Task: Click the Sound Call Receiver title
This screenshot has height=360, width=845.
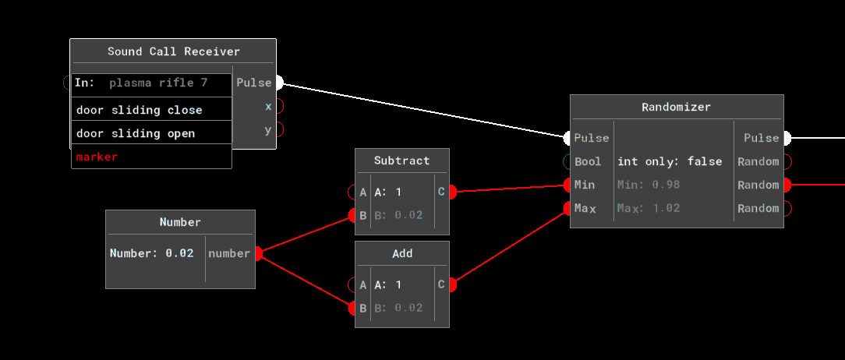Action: coord(173,51)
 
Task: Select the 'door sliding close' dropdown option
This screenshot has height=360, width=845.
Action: coord(140,110)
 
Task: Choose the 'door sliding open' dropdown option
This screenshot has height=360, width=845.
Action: coord(136,133)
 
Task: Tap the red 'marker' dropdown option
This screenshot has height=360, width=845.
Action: coord(97,157)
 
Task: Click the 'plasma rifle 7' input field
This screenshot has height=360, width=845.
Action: coord(158,83)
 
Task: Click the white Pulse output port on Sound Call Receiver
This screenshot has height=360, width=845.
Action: coord(278,83)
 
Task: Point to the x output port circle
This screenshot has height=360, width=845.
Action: coord(278,106)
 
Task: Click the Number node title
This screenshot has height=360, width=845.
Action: coord(180,222)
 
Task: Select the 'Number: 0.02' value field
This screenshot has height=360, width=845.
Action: coord(152,253)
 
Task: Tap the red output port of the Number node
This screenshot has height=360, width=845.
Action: coord(258,253)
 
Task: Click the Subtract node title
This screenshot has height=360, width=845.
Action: coord(401,161)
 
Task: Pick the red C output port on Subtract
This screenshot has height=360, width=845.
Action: coord(452,192)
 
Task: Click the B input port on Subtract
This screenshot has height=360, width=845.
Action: coord(352,215)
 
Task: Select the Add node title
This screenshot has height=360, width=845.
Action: coord(402,253)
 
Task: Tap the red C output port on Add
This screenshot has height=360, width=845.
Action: coord(452,284)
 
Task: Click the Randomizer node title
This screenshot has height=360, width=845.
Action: coord(676,107)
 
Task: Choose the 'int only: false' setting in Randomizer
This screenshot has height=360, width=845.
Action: coord(670,161)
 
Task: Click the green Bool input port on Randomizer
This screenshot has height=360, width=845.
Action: coord(567,161)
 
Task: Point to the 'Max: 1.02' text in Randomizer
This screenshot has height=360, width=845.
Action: coord(649,208)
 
